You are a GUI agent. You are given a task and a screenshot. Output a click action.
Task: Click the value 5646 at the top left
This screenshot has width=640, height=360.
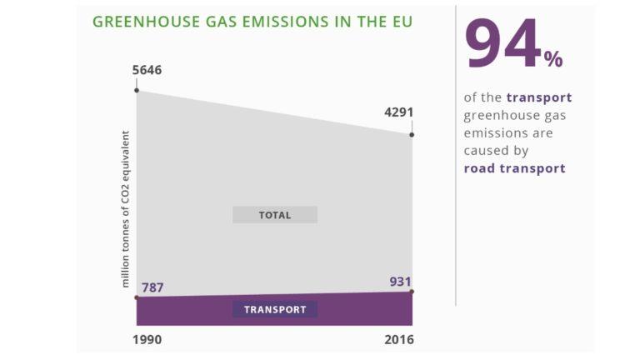pyautogui.click(x=147, y=70)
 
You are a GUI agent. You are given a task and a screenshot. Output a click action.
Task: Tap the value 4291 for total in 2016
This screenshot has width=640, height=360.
pyautogui.click(x=399, y=112)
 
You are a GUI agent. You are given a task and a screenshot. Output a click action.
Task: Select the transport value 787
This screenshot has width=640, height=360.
pyautogui.click(x=152, y=288)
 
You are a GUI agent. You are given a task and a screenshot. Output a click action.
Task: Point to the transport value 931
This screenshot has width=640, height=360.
pyautogui.click(x=401, y=282)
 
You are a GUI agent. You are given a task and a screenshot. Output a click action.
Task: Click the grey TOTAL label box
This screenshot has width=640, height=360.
pyautogui.click(x=275, y=215)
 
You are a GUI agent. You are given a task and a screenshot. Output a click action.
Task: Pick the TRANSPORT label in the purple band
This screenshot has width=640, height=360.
pyautogui.click(x=275, y=309)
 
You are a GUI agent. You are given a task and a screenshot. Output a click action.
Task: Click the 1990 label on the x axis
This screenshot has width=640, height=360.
pyautogui.click(x=147, y=339)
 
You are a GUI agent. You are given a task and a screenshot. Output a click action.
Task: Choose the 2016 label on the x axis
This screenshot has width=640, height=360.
pyautogui.click(x=399, y=339)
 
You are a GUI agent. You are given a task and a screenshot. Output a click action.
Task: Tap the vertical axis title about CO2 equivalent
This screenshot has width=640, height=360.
pyautogui.click(x=126, y=208)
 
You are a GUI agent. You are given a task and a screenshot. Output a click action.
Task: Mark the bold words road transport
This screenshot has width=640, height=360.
pyautogui.click(x=514, y=168)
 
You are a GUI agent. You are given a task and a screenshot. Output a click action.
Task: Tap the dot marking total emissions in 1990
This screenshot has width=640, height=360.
pyautogui.click(x=136, y=89)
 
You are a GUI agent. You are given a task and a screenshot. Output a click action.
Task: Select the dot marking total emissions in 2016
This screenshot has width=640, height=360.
pyautogui.click(x=412, y=134)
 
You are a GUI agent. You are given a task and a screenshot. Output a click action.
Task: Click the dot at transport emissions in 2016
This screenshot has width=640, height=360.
pyautogui.click(x=412, y=291)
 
